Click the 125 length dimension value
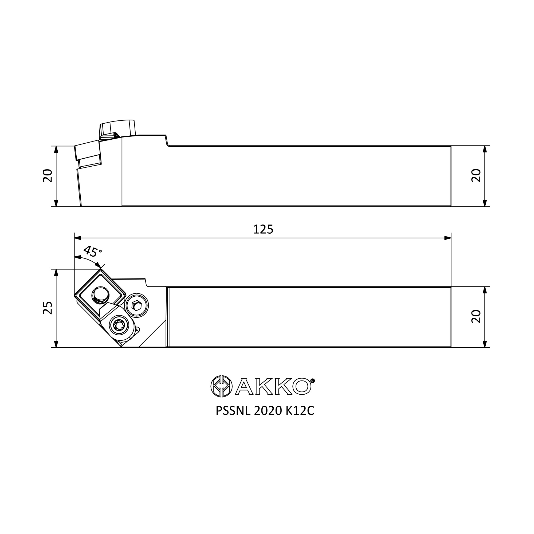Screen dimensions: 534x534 [263, 229]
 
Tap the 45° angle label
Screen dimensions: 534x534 [92, 252]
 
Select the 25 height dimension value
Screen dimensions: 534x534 [48, 308]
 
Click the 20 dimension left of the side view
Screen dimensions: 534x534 [48, 175]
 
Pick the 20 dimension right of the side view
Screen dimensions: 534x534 [476, 175]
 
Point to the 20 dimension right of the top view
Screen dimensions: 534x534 [476, 317]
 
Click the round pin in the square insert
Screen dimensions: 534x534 [101, 295]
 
